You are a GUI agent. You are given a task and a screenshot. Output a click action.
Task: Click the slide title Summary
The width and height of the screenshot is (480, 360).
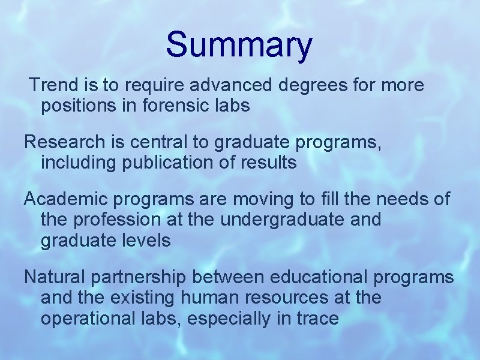click(x=239, y=46)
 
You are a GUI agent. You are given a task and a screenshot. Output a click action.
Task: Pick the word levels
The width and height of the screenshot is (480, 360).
click(x=148, y=241)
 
